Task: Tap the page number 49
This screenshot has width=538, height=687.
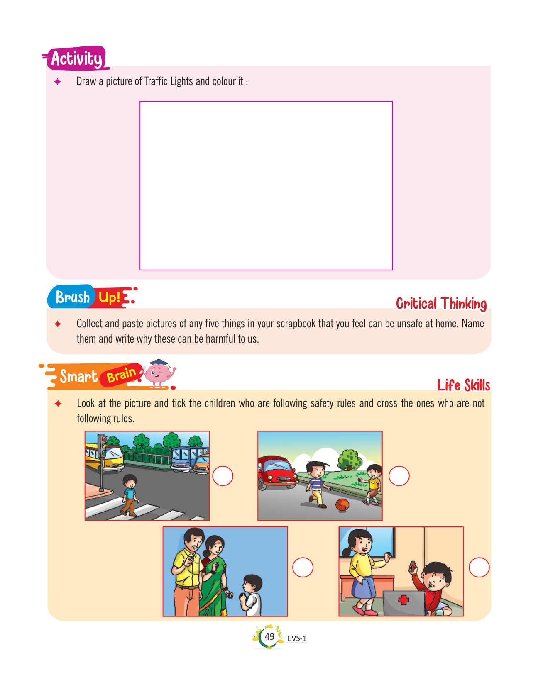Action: pyautogui.click(x=269, y=636)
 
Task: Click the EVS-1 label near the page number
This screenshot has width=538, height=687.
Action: pyautogui.click(x=297, y=638)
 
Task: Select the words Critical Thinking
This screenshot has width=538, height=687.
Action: pyautogui.click(x=441, y=304)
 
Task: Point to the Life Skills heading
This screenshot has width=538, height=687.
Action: pyautogui.click(x=464, y=385)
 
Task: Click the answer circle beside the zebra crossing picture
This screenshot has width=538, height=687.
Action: pyautogui.click(x=223, y=476)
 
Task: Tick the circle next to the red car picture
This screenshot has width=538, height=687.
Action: pyautogui.click(x=399, y=476)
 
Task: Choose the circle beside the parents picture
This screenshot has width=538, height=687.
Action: pyautogui.click(x=303, y=567)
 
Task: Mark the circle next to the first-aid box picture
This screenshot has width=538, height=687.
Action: pyautogui.click(x=479, y=567)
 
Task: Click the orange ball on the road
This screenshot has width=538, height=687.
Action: pyautogui.click(x=342, y=505)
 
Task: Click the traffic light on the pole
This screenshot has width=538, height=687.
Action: pyautogui.click(x=102, y=446)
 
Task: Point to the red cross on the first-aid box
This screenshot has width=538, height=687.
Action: pyautogui.click(x=403, y=600)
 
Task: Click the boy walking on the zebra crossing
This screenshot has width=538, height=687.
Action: pyautogui.click(x=130, y=495)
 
